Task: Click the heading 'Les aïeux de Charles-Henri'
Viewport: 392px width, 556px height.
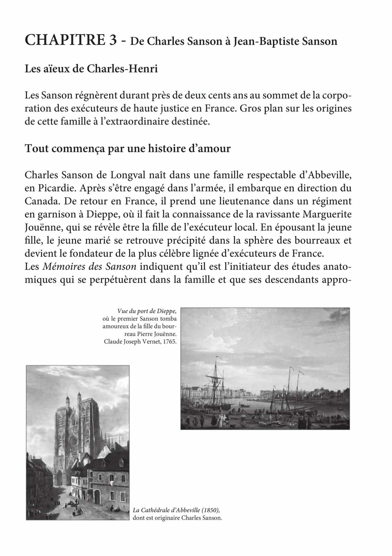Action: pyautogui.click(x=91, y=69)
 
